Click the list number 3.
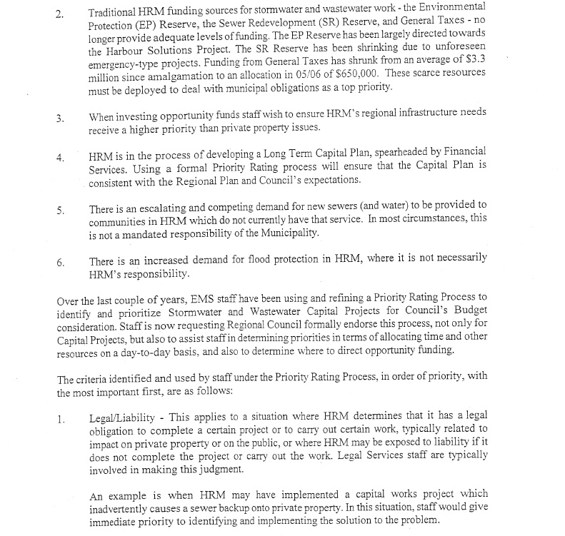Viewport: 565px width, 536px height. point(60,118)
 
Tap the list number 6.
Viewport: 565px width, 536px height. point(60,262)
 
